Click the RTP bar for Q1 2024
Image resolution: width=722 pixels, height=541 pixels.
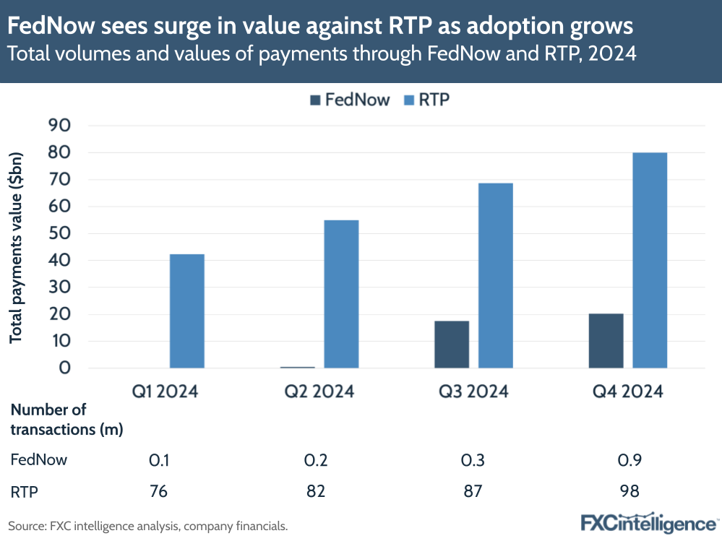[x=186, y=311]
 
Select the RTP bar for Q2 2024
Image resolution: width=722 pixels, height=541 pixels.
[x=341, y=294]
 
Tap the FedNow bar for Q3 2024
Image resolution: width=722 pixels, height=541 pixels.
[x=452, y=345]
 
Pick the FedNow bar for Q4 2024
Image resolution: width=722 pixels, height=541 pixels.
[x=606, y=341]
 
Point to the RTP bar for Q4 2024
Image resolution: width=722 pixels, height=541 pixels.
[x=650, y=260]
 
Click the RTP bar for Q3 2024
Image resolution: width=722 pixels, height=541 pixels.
[x=495, y=275]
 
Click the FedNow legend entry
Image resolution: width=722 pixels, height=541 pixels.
[x=349, y=100]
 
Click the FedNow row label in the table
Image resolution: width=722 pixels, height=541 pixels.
[x=38, y=460]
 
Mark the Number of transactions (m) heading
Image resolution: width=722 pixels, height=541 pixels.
[x=66, y=420]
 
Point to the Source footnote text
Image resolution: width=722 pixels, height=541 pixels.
[x=148, y=526]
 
